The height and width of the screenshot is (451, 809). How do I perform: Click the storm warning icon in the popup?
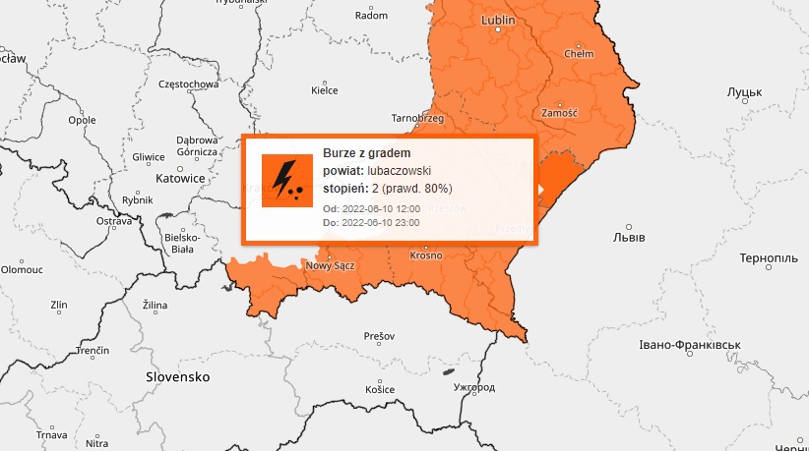click(x=286, y=180)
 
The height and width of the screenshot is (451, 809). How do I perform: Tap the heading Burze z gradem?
click(x=366, y=154)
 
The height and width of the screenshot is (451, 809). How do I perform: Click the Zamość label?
click(x=558, y=114)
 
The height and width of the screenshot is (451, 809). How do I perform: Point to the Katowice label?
click(x=180, y=179)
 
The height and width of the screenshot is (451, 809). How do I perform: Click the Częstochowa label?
click(x=188, y=85)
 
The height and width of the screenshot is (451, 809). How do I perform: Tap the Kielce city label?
click(x=324, y=90)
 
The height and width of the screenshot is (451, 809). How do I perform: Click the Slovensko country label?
click(x=178, y=376)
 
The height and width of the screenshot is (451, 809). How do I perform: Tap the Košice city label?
click(x=379, y=390)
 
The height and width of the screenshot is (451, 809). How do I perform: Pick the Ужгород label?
click(x=474, y=388)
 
